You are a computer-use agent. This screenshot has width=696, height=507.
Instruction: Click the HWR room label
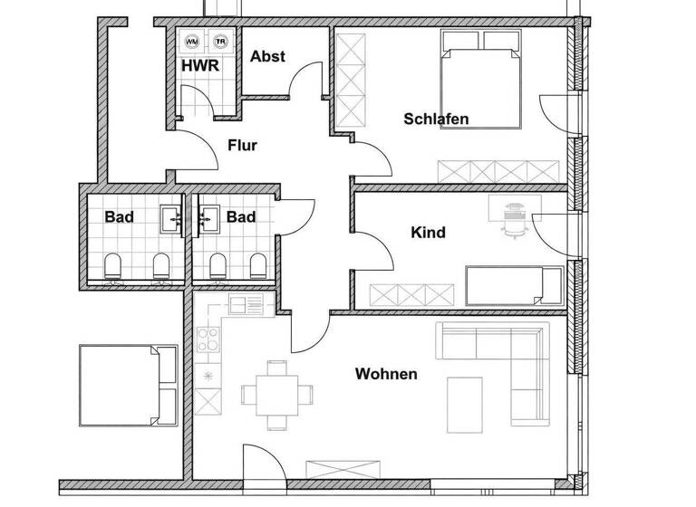[198, 66]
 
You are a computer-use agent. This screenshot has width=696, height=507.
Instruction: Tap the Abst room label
[267, 56]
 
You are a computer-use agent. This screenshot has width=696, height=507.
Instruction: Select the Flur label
[242, 145]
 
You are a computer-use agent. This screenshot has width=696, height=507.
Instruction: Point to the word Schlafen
[436, 119]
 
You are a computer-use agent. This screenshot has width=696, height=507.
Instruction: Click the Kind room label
[428, 233]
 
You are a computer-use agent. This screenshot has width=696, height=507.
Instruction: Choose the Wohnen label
[386, 373]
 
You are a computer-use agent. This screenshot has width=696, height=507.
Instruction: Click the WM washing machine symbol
[192, 42]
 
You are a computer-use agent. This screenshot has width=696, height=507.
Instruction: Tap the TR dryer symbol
[219, 42]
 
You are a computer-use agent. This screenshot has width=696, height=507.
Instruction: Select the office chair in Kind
[514, 220]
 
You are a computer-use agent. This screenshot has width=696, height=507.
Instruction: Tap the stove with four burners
[207, 340]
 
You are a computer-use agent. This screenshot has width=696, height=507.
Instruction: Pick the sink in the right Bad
[207, 216]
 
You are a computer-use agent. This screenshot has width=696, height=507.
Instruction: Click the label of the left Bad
[120, 217]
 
